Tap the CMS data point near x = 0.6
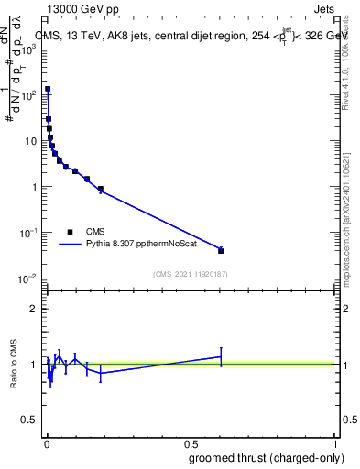(221, 250)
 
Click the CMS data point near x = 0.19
(101, 190)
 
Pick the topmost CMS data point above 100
(48, 89)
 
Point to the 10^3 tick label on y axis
(27, 49)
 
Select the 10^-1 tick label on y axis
(26, 233)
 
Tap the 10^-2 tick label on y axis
(26, 278)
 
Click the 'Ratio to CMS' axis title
(13, 365)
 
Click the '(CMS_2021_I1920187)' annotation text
(191, 274)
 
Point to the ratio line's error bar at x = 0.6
(221, 356)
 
